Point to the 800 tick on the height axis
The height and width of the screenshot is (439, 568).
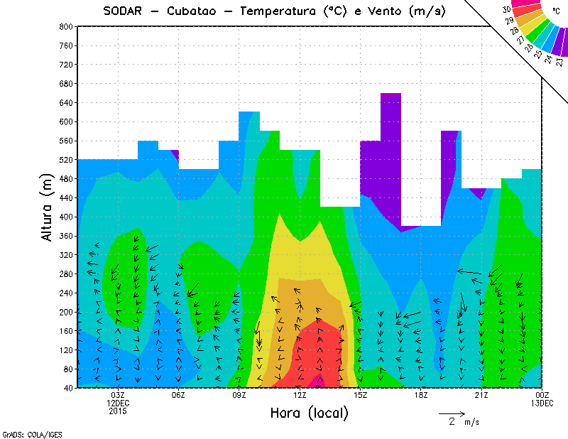[65, 26]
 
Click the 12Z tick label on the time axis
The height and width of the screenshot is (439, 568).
[300, 395]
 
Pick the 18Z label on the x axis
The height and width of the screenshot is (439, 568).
[420, 395]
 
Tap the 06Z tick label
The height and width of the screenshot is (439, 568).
[178, 395]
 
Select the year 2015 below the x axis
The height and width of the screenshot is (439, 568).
[118, 411]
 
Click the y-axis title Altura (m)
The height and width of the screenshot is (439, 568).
[48, 206]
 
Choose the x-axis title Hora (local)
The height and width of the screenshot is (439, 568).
[309, 413]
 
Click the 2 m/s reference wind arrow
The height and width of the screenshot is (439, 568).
[452, 413]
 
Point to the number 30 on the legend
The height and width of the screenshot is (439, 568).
[506, 10]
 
